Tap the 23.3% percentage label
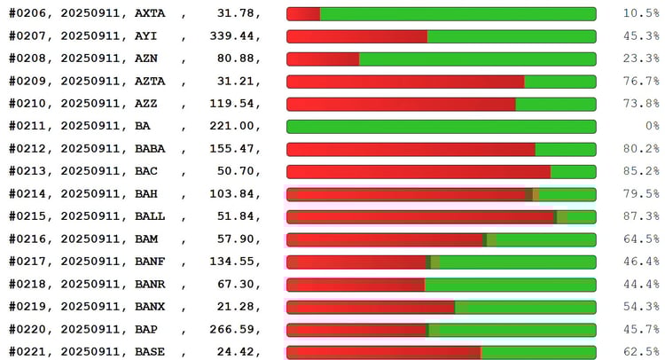[x=640, y=59]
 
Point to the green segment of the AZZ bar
[x=555, y=104]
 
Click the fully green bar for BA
[x=441, y=126]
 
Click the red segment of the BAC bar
[x=418, y=171]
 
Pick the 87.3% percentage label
[x=640, y=216]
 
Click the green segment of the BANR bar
[x=510, y=284]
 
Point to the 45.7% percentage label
[x=640, y=329]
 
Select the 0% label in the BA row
[x=652, y=126]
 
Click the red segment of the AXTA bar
[x=303, y=13]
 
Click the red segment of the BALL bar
[x=420, y=216]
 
